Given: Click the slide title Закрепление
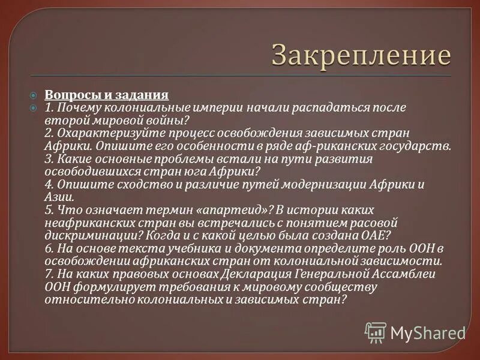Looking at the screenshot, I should point(361,55).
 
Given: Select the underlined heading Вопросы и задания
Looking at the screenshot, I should point(107,95).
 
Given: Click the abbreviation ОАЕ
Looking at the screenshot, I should point(377,235).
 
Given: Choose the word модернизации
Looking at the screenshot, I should point(321,184).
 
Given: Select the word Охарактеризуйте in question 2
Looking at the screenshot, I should point(100,133).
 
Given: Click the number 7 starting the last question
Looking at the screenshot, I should point(48,274).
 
